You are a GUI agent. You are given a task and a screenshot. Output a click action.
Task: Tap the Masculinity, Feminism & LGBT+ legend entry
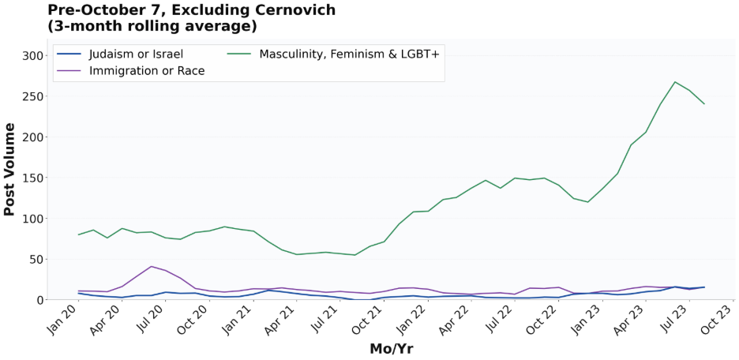pyautogui.click(x=343, y=54)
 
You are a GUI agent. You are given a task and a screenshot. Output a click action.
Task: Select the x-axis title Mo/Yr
pyautogui.click(x=391, y=348)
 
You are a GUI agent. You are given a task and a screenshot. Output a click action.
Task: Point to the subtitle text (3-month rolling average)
pyautogui.click(x=152, y=26)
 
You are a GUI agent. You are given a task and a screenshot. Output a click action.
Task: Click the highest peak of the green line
pyautogui.click(x=675, y=82)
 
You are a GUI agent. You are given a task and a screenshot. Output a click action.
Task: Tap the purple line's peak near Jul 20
pyautogui.click(x=151, y=266)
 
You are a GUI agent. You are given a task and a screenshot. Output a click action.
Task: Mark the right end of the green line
pyautogui.click(x=704, y=104)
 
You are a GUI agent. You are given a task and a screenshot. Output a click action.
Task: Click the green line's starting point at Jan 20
pyautogui.click(x=78, y=234)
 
